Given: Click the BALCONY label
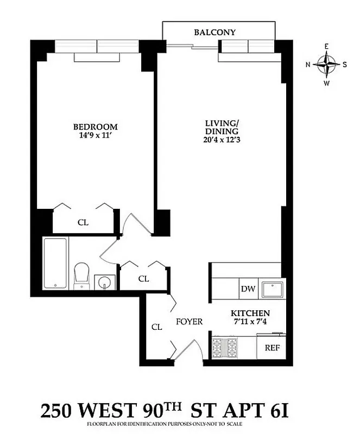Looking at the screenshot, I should (215, 33).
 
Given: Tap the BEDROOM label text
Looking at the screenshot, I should (96, 127).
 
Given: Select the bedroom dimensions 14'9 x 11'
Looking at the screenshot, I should (96, 136).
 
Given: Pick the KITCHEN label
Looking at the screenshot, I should (250, 314).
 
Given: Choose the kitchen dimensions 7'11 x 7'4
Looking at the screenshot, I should (250, 322).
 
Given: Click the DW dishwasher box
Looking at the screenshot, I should (248, 289).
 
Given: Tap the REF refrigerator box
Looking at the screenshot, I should (271, 348).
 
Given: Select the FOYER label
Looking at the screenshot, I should (190, 322).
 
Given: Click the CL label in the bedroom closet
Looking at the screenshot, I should (83, 222).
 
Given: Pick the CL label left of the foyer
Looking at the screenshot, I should (157, 327).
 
